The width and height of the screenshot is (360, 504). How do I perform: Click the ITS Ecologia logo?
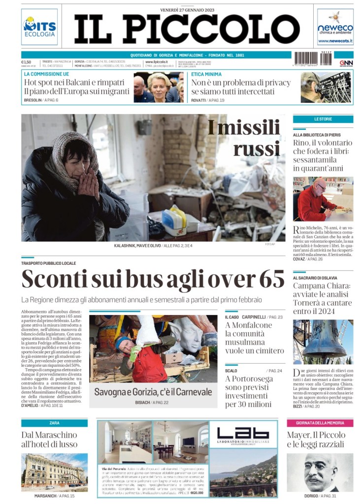[39, 27]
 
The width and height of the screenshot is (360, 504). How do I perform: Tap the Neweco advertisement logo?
[335, 27]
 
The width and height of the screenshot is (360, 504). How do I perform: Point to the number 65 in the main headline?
[271, 280]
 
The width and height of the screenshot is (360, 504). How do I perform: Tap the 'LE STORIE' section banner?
[323, 119]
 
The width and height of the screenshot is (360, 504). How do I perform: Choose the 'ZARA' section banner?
[54, 423]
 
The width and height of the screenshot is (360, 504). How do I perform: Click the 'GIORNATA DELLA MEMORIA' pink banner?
[320, 423]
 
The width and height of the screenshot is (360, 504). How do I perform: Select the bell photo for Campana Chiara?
[323, 342]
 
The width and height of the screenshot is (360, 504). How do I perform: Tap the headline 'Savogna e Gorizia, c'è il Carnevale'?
[153, 392]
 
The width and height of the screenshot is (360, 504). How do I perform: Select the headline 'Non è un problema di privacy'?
[241, 82]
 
